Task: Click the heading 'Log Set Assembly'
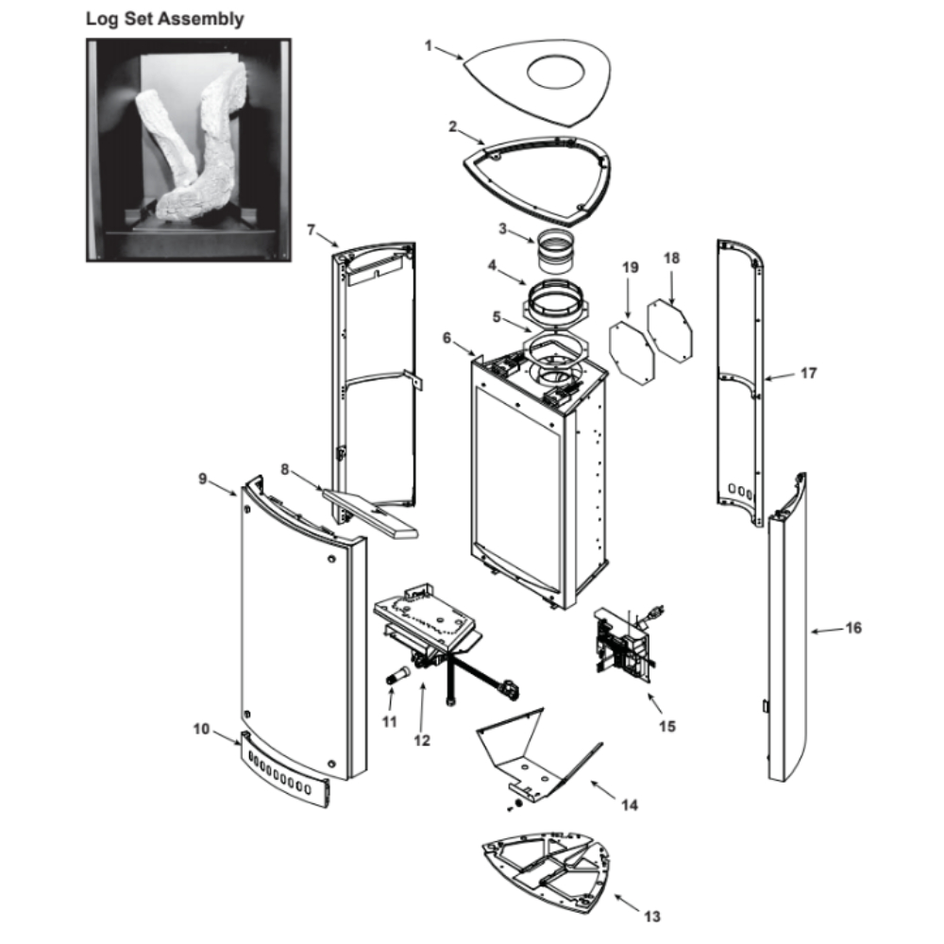(x=165, y=19)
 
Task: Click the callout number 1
(x=429, y=45)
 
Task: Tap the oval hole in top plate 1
(x=556, y=73)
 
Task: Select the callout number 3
(x=503, y=228)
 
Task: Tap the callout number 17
(x=809, y=373)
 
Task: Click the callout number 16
(x=853, y=628)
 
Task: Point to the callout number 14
(x=629, y=805)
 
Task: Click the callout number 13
(x=652, y=917)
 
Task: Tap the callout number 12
(x=422, y=740)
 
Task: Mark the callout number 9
(x=203, y=479)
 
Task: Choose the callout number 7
(x=312, y=230)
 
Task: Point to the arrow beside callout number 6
(x=464, y=348)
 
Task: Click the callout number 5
(x=497, y=316)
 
